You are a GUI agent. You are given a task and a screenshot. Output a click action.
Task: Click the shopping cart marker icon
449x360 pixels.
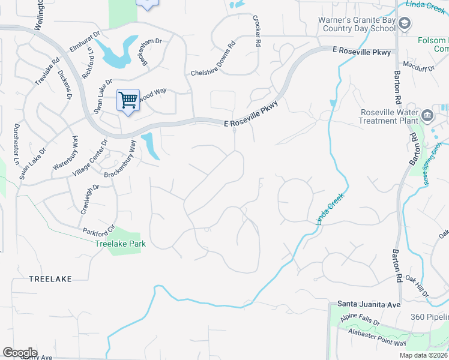pos(128,99)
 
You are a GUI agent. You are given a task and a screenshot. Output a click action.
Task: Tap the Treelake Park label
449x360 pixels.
pos(121,244)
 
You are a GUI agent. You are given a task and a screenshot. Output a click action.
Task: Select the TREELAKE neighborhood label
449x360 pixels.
pos(50,279)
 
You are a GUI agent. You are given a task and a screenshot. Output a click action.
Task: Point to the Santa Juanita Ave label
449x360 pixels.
pos(368,305)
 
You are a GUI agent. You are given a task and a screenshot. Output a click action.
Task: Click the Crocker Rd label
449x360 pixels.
pos(257,31)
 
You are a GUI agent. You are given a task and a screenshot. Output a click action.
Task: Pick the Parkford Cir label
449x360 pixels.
pos(98,230)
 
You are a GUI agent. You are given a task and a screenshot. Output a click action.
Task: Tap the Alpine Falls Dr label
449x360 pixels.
pos(360,319)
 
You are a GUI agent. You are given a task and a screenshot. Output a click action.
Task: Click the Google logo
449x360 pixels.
pos(20,353)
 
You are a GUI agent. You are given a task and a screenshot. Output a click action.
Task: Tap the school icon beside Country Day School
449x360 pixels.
pos(405,23)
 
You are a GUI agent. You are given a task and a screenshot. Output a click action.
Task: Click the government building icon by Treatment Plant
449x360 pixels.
pos(427,114)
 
